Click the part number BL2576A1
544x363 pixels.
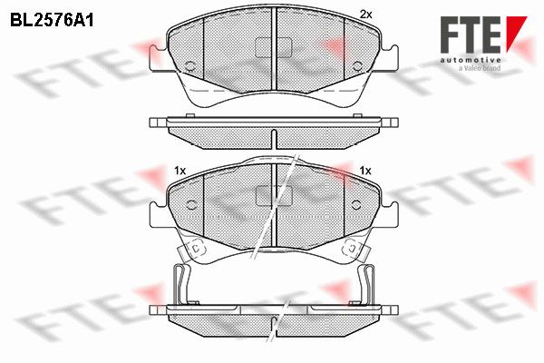click(52, 21)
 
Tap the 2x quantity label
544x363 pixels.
click(365, 15)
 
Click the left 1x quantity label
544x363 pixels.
click(180, 171)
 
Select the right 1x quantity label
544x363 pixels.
click(365, 171)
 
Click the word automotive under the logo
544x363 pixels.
click(471, 60)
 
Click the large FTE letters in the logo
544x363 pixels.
click(471, 34)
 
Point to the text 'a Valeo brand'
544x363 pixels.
click(479, 68)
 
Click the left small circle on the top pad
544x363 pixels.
click(189, 66)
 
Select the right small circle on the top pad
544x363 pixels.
click(356, 66)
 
